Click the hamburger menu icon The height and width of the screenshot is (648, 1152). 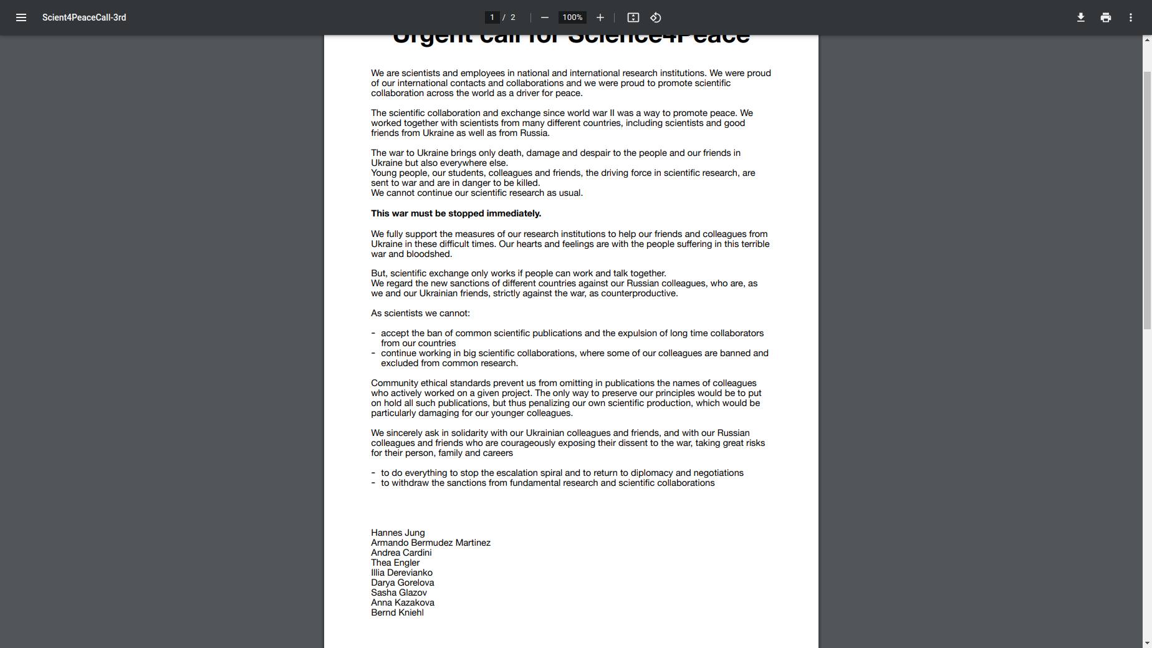21,17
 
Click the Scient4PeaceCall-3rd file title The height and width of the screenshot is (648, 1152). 84,17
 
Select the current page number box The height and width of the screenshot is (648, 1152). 492,17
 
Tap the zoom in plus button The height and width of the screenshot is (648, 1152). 600,17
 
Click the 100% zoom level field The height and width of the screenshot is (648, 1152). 572,17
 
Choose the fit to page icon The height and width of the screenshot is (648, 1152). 633,17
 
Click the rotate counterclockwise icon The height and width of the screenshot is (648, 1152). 655,17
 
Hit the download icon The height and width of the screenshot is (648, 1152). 1080,17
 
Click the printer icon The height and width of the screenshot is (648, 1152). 1105,17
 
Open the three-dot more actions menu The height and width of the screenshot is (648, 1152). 1130,17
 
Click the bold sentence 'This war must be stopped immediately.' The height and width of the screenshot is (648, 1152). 456,213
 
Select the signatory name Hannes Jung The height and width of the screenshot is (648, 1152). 398,533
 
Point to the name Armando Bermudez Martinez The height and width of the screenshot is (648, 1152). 431,543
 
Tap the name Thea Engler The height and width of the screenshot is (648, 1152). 395,563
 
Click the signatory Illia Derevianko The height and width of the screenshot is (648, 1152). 401,573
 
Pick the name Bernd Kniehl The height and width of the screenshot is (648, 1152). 397,612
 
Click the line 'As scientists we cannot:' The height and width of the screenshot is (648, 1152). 420,313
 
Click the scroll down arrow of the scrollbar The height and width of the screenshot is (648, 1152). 1147,643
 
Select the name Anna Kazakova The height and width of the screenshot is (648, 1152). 403,602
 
